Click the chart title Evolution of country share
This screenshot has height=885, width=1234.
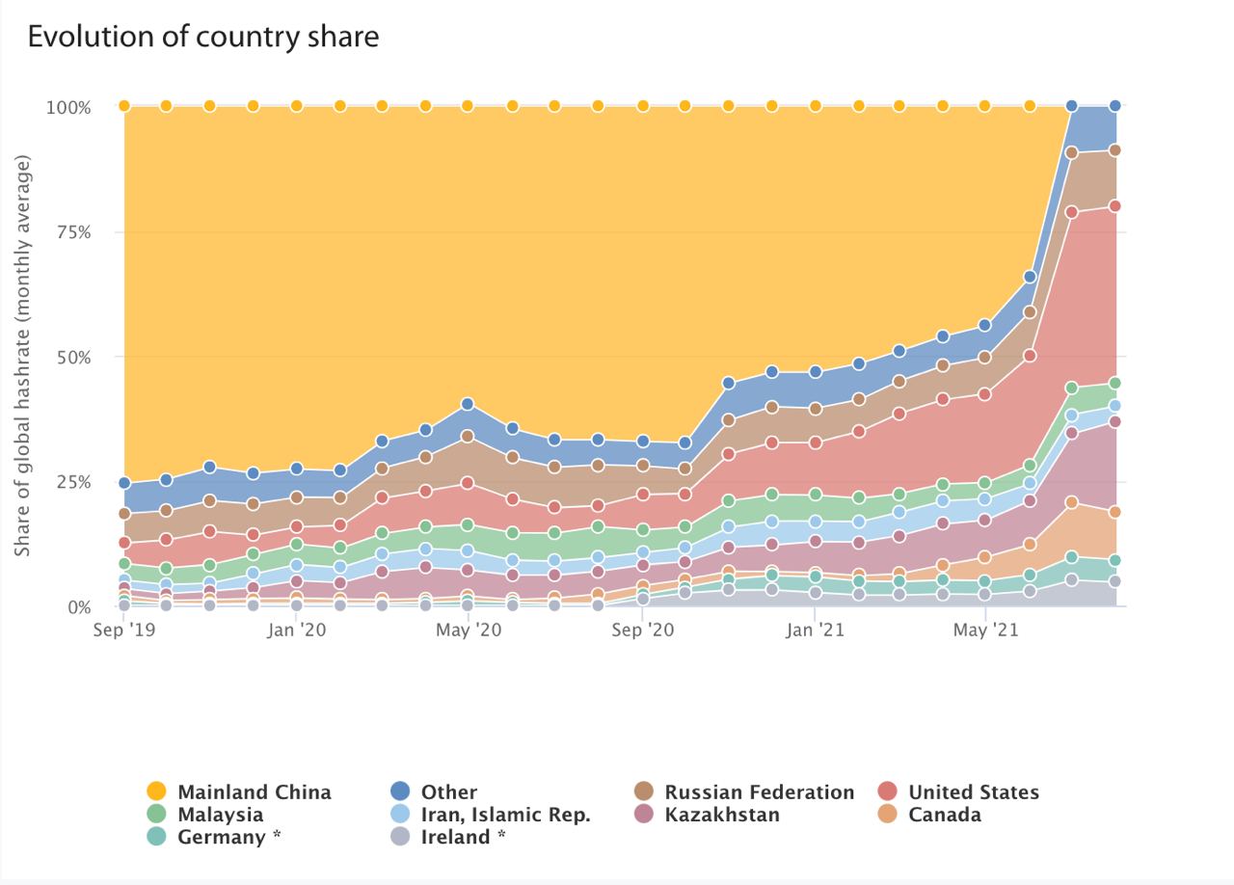coord(202,37)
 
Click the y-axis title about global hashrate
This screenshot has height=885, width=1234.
coord(23,357)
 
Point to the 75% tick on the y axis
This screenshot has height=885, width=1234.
coord(69,232)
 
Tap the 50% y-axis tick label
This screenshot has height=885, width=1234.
coord(69,358)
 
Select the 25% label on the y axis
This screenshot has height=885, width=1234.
coord(69,482)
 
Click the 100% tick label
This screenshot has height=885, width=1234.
coord(67,107)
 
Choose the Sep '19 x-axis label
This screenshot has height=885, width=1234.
coord(124,630)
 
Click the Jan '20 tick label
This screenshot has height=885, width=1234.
coord(296,630)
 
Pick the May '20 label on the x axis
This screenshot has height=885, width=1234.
coord(468,630)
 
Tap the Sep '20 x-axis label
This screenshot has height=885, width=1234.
coord(643,630)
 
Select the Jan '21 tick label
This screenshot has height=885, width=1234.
coord(816,630)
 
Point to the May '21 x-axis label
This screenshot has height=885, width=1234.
coord(985,630)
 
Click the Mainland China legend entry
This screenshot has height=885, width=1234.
coord(254,792)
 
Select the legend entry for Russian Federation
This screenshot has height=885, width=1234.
coord(759,792)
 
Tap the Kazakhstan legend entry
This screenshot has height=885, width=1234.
coord(722,815)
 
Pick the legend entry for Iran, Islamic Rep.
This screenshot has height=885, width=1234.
coord(505,815)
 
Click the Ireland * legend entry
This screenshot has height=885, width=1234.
coord(463,837)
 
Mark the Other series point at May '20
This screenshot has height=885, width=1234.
coord(468,404)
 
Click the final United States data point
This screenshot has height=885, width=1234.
coord(1115,205)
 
